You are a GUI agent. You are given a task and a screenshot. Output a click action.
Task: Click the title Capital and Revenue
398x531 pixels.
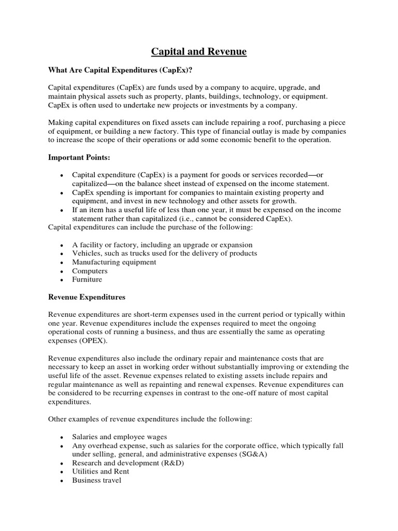(199, 51)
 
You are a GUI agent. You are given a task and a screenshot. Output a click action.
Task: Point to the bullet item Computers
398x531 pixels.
(90, 271)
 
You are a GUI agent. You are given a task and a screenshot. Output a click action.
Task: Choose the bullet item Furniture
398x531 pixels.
(87, 280)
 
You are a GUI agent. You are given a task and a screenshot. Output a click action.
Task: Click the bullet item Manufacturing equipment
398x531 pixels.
(114, 262)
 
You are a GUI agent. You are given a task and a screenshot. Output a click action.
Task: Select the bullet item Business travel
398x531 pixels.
(96, 480)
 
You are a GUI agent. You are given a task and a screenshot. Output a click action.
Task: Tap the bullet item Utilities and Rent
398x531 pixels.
(101, 471)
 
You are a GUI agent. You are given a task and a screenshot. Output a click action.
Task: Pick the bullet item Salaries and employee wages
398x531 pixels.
(120, 437)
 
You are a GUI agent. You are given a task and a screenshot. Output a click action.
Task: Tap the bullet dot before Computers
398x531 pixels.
(62, 271)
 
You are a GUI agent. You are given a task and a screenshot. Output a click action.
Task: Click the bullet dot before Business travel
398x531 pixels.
(62, 481)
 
